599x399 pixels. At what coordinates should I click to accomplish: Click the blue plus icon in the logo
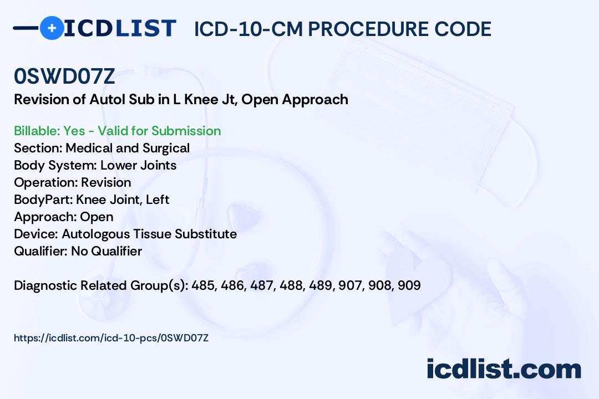coord(52,28)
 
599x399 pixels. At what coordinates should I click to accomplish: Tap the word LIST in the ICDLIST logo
coord(145,29)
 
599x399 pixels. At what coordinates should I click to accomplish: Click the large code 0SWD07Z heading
coord(64,76)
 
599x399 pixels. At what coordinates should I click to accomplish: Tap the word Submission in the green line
coord(186,131)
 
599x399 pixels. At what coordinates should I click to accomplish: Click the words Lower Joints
coord(138,165)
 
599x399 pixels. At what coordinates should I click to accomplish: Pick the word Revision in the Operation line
coord(106,182)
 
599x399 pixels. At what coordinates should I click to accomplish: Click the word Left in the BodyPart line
coord(158,199)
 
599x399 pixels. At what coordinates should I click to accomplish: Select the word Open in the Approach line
coord(97,217)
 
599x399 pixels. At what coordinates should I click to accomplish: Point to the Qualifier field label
coord(41,251)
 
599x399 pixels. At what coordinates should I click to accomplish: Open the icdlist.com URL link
coord(111,338)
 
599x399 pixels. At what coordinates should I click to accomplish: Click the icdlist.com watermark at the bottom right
coord(504,369)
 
